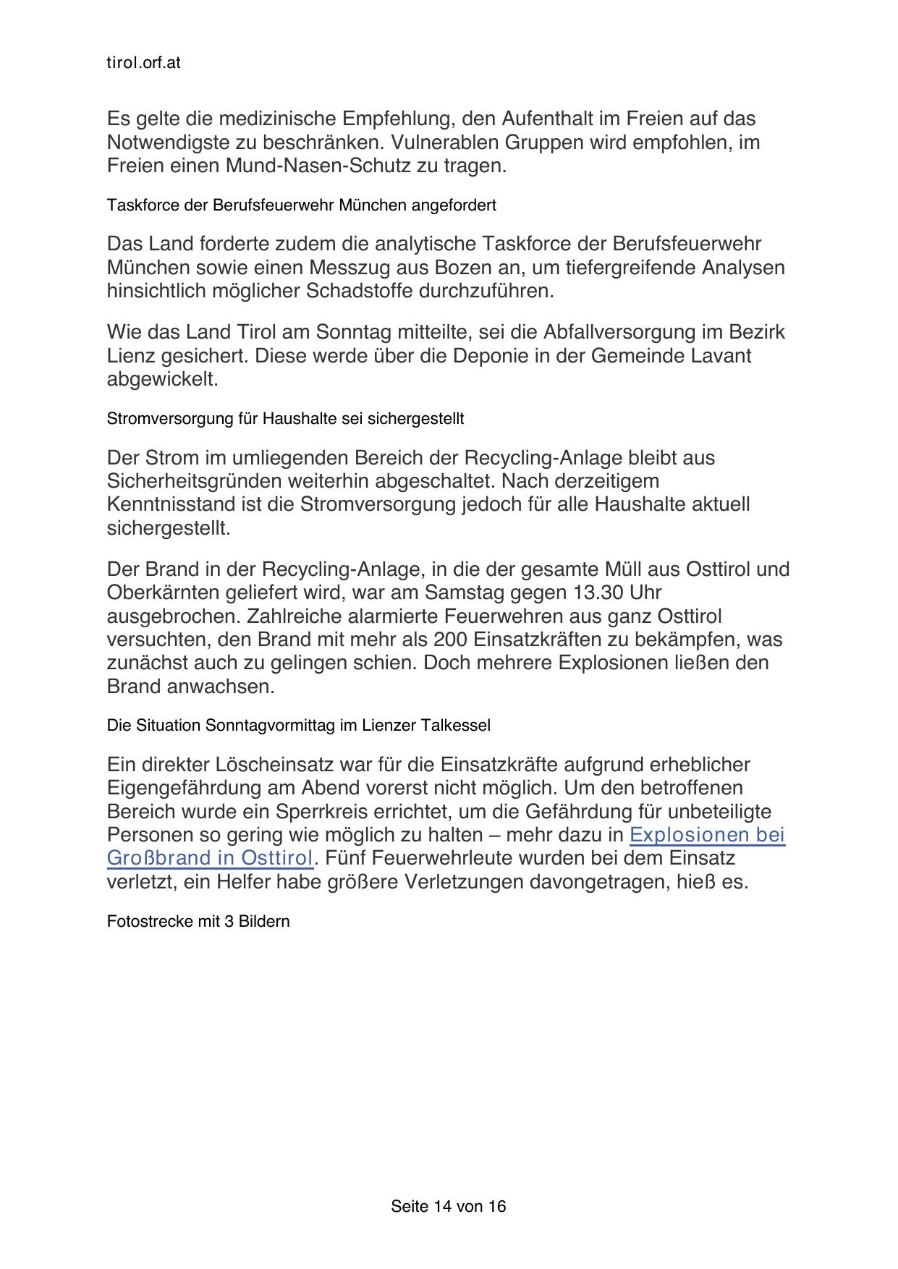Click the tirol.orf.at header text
tap(143, 63)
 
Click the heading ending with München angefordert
tap(301, 205)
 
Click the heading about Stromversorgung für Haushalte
tap(285, 419)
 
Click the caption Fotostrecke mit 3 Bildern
tap(198, 922)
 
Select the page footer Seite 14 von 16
tap(449, 1206)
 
